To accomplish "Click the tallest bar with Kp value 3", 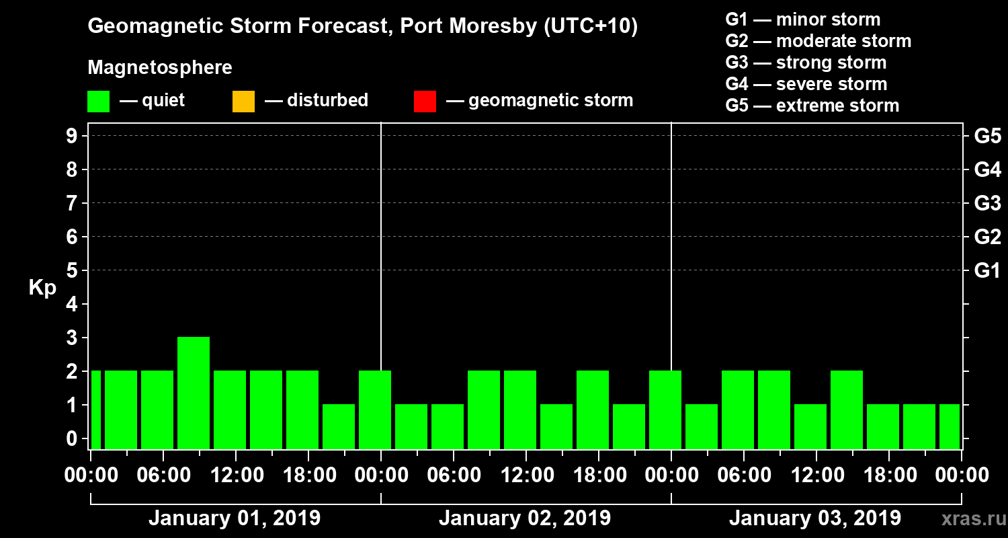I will click(194, 392).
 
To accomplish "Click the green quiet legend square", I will click(98, 101).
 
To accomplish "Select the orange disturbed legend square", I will click(243, 101).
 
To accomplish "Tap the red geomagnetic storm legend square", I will click(425, 101).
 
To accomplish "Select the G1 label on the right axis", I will click(987, 271).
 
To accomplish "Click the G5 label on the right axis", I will click(987, 137).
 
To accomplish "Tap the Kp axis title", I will click(42, 288).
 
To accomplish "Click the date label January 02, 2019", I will click(525, 518).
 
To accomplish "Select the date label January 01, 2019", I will click(235, 518).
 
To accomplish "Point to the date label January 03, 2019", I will click(815, 518).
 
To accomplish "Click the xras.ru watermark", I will click(968, 518).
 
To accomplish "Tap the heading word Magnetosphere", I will click(160, 68).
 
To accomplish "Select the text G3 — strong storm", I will click(806, 63).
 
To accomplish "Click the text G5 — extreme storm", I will click(812, 106).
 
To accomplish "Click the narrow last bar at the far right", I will click(950, 426).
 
